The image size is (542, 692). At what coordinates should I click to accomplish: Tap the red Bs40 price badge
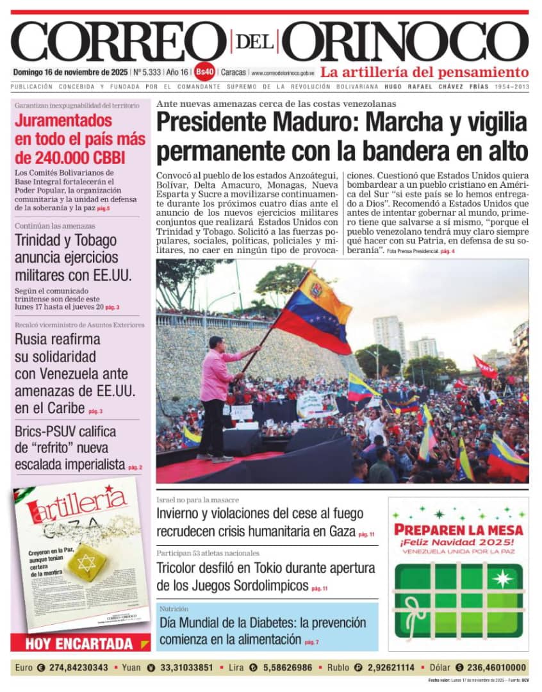pyautogui.click(x=205, y=72)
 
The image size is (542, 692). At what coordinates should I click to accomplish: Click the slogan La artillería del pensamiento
pyautogui.click(x=424, y=72)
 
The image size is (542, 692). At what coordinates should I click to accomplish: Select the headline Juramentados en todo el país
pyautogui.click(x=80, y=139)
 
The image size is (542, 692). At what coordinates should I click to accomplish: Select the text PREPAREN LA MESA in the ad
pyautogui.click(x=458, y=530)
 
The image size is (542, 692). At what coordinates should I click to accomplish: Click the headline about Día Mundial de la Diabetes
pyautogui.click(x=263, y=630)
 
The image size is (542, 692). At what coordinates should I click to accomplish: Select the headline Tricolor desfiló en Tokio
pyautogui.click(x=266, y=576)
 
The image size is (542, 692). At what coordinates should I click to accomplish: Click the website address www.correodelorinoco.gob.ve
pyautogui.click(x=283, y=73)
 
